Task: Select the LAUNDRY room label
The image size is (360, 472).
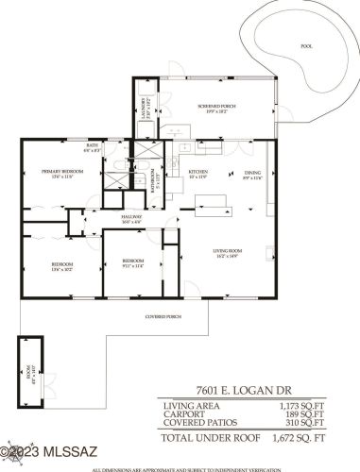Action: tap(143, 107)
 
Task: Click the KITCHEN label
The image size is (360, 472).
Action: tap(197, 173)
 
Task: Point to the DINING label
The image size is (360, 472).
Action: tap(253, 173)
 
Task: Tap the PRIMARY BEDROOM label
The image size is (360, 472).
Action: tap(62, 173)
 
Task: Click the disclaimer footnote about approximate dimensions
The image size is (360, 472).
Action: tap(186, 468)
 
